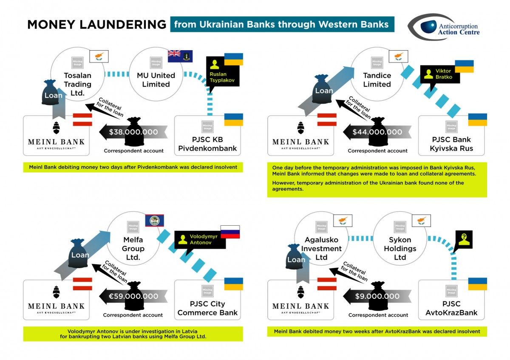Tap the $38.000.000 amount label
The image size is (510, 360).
[133, 132]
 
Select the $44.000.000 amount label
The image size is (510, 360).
[377, 132]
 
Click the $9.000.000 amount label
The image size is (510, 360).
[377, 296]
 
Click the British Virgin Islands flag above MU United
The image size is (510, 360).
[180, 56]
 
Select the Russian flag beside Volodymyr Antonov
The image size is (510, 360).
[230, 232]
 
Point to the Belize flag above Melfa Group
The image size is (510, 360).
[155, 221]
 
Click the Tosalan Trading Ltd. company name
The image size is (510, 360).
[77, 84]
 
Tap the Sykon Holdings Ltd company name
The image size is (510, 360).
[400, 249]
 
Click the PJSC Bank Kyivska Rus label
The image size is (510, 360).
[451, 144]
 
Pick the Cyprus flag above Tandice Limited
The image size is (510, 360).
[398, 56]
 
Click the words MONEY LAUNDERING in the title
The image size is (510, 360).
[96, 25]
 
